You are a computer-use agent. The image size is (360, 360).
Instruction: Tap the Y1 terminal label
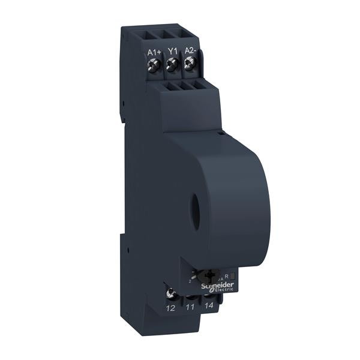172,52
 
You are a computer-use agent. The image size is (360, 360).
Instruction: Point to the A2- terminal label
191,52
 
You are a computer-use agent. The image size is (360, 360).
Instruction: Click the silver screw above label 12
171,293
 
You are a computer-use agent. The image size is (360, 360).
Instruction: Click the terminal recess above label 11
191,295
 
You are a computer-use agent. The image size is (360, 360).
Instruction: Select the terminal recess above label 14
209,296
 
